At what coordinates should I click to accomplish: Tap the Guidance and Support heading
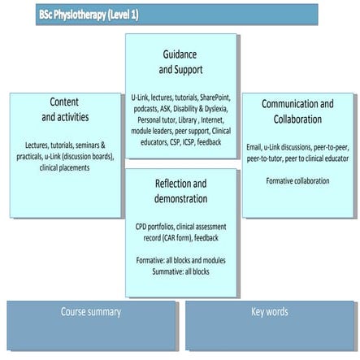pos(180,61)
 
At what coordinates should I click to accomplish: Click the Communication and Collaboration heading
pos(297,111)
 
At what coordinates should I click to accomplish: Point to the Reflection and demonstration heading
pos(180,191)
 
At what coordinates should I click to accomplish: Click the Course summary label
pos(90,311)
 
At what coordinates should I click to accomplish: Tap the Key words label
pos(269,311)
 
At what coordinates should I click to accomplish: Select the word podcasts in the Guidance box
pos(147,109)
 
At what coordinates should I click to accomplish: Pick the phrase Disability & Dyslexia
pos(202,109)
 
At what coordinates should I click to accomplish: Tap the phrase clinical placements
pos(64,167)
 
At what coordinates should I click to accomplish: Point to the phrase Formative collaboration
pos(297,180)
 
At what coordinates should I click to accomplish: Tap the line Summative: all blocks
pos(180,271)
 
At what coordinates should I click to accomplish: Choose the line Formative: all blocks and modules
pos(180,260)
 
